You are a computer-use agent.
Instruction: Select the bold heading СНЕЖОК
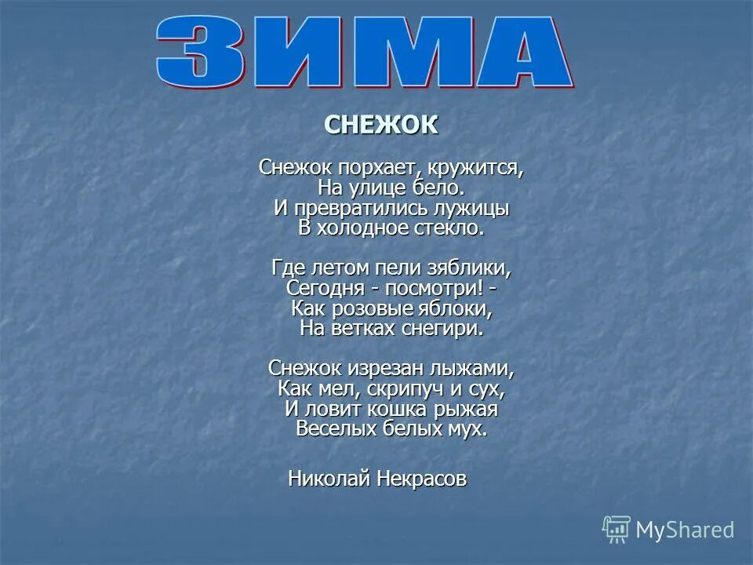381,125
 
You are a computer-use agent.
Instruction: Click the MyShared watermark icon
617,530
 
